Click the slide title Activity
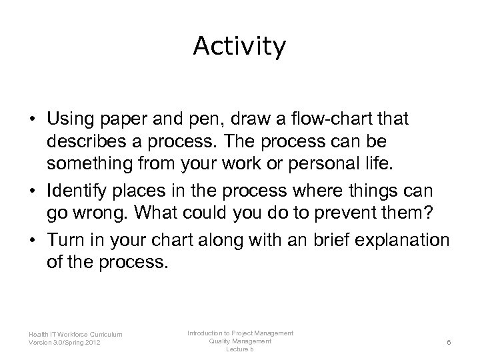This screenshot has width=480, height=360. coord(239,47)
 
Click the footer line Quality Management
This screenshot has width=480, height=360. coord(240,341)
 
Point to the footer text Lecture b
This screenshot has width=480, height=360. coord(240,349)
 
